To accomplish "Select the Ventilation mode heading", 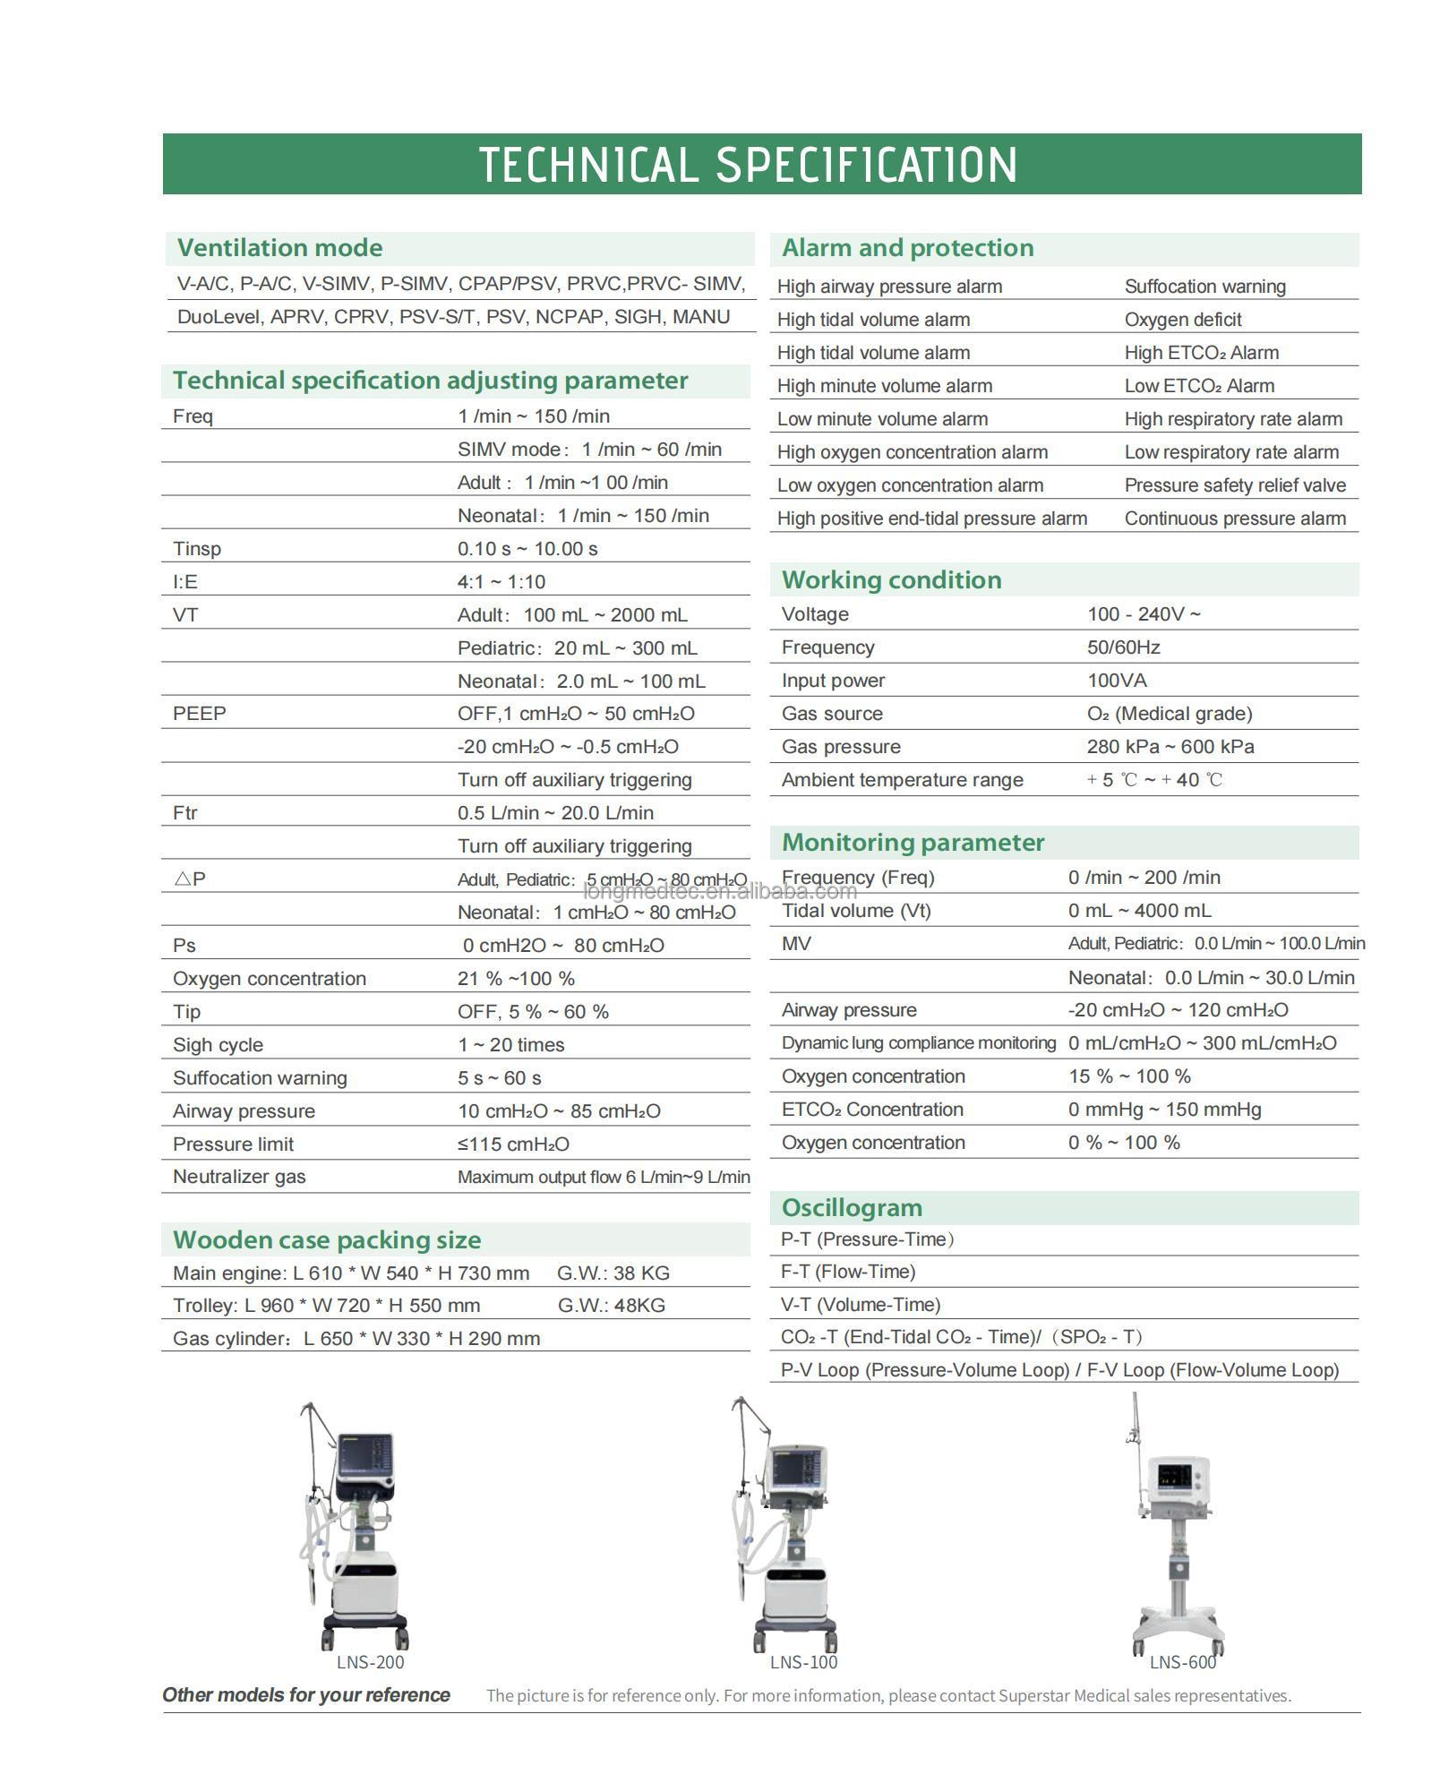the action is [279, 248].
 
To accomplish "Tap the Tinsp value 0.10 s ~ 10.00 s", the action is [527, 549].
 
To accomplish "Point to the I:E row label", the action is [185, 582].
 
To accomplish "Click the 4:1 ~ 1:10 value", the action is [501, 582].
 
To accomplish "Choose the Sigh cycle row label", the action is [218, 1045].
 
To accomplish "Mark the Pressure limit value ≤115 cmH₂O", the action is [513, 1144].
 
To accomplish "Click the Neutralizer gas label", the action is [239, 1177].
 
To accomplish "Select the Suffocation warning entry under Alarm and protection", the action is [1204, 287].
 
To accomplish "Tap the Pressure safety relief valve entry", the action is [1235, 485].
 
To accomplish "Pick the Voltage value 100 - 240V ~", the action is [1144, 614].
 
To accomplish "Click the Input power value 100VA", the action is [1117, 681].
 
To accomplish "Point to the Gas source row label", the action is [832, 714].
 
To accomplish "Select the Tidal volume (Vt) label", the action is [856, 911].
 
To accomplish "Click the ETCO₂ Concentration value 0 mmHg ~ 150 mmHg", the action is [1164, 1110].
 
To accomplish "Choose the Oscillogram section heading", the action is [852, 1208].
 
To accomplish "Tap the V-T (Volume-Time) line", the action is [861, 1305].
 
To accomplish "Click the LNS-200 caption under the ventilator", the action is [370, 1662].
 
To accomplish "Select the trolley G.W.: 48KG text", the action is [611, 1306].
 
